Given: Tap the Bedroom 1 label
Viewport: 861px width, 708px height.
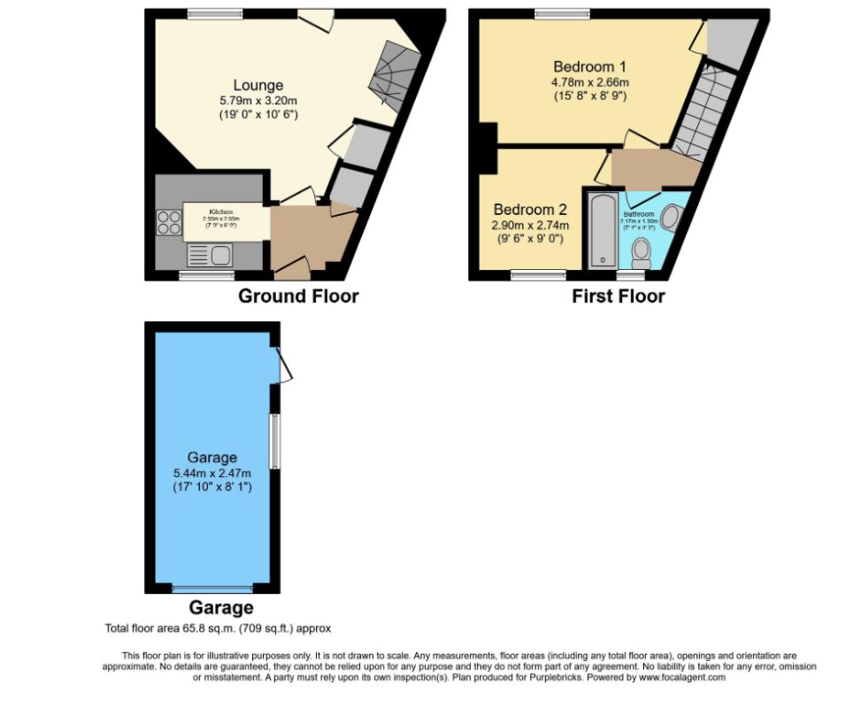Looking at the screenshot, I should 589,66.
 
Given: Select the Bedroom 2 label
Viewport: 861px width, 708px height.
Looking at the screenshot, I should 530,210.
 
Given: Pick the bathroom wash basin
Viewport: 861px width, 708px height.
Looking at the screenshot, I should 672,218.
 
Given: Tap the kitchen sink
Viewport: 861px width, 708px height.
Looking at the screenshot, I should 210,256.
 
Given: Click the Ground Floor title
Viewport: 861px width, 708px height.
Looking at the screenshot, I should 298,296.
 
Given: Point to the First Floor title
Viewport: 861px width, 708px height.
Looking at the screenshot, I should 618,296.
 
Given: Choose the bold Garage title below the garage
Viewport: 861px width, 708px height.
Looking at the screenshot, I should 220,608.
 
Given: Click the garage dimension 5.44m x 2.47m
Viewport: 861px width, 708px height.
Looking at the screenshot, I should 212,473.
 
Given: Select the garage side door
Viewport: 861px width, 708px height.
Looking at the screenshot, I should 283,365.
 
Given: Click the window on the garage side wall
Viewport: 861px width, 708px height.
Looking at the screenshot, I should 277,442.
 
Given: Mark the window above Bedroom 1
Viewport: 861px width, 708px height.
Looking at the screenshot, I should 563,12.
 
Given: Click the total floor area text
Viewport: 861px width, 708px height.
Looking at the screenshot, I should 217,628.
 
